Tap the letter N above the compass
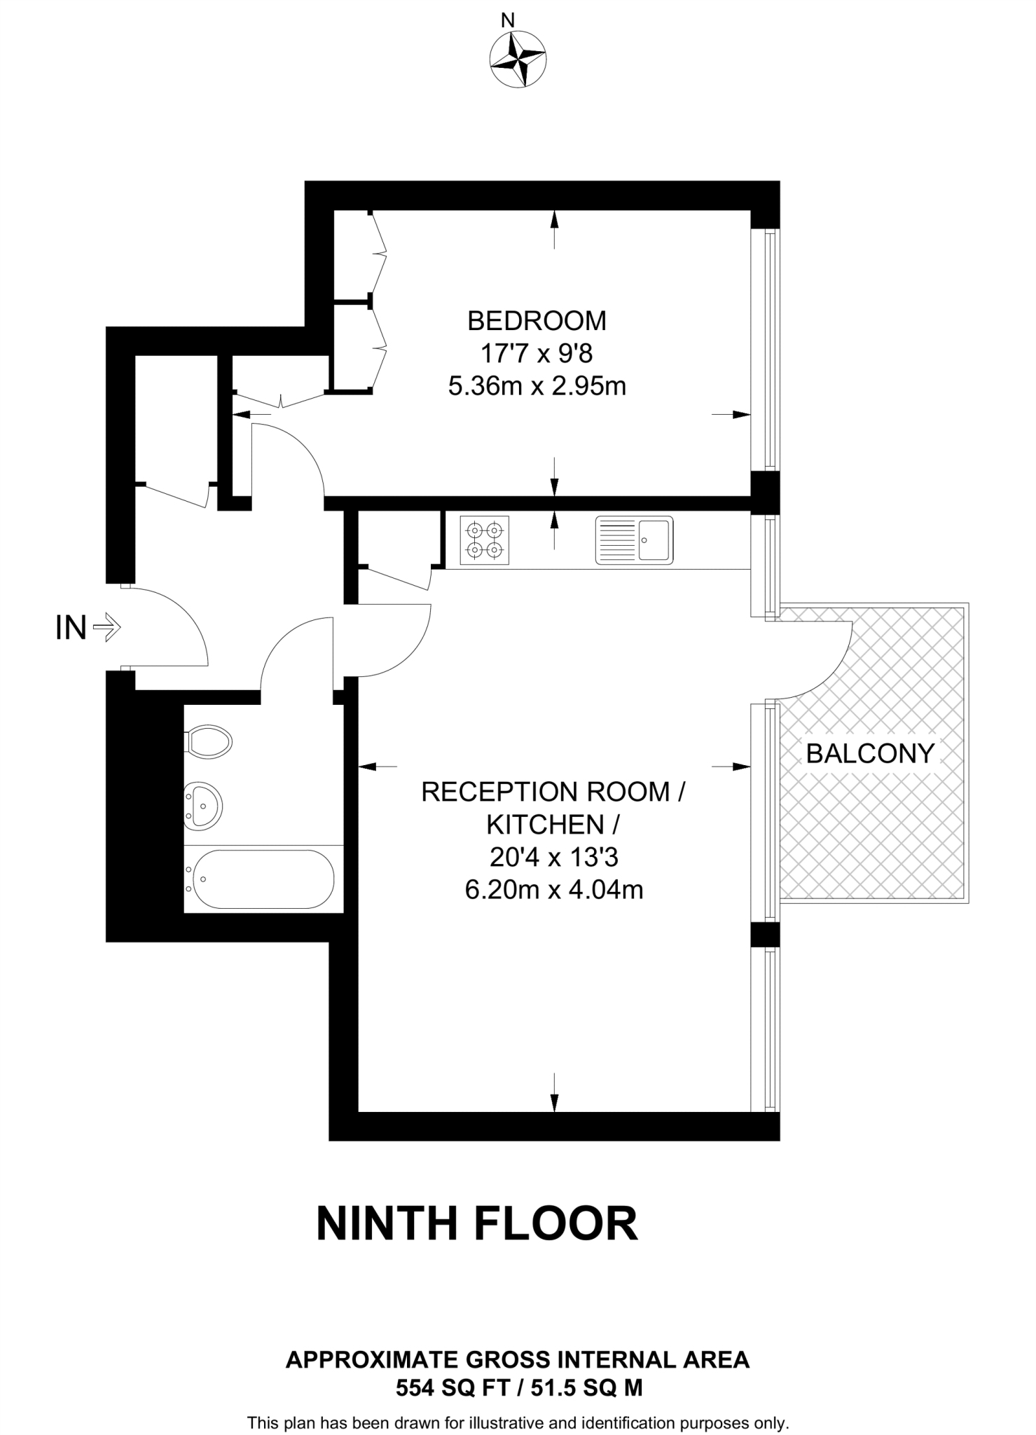pos(509,20)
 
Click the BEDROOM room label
pos(537,321)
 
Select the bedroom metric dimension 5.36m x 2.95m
pos(537,386)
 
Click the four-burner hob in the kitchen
pos(484,540)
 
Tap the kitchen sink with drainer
pos(634,540)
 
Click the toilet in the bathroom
pos(208,741)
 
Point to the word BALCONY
pos(870,754)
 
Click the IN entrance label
pos(71,628)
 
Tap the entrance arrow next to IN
pos(106,627)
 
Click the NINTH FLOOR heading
pos(477,1224)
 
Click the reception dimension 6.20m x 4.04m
pos(554,890)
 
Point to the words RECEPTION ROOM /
pos(553,792)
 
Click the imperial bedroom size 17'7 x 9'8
pos(537,354)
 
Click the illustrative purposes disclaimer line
pos(518,1423)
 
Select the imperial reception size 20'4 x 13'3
pos(554,857)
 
